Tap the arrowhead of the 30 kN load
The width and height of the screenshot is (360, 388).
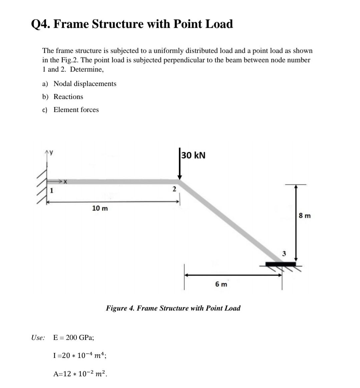pos(179,177)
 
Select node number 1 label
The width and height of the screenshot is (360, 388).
pos(52,191)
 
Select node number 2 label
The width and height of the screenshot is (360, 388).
pos(173,189)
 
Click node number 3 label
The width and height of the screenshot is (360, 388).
pos(284,254)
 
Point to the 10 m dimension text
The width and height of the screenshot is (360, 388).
pos(100,209)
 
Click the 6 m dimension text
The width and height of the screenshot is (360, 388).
pos(221,284)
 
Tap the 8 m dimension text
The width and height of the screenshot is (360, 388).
pos(305,216)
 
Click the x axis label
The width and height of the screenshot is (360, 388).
pos(65,182)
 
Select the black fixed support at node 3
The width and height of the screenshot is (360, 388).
pos(280,264)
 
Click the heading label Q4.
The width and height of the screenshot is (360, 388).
pos(40,24)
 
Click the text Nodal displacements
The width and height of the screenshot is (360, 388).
pos(85,84)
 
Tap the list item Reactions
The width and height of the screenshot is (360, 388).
pos(68,97)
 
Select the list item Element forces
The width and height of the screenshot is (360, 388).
pos(76,110)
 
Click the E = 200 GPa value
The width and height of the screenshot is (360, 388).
pos(73,337)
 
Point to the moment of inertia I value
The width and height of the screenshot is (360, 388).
pos(80,355)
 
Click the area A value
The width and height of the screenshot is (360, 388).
pos(80,374)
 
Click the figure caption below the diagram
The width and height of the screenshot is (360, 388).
pos(173,308)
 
